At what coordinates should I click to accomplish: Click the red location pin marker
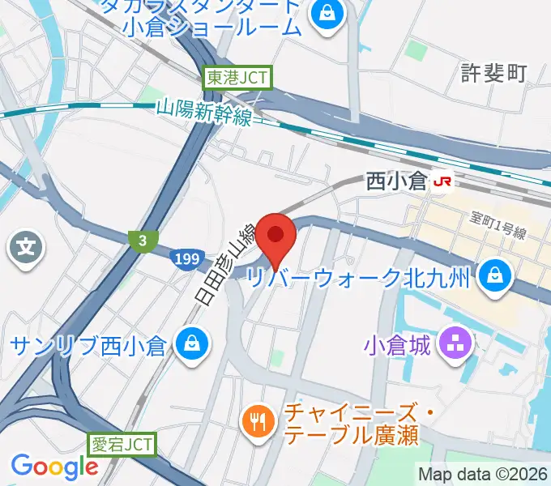[276, 237]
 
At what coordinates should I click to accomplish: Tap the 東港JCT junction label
[238, 78]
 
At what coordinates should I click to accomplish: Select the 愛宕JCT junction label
[121, 444]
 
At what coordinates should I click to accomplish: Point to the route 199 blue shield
[186, 259]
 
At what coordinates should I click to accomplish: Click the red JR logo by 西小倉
[442, 181]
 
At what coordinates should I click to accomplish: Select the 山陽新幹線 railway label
[205, 111]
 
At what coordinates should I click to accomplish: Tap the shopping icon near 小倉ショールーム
[327, 13]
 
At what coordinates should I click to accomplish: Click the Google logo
[53, 467]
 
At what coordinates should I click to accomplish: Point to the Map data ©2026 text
[483, 474]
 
